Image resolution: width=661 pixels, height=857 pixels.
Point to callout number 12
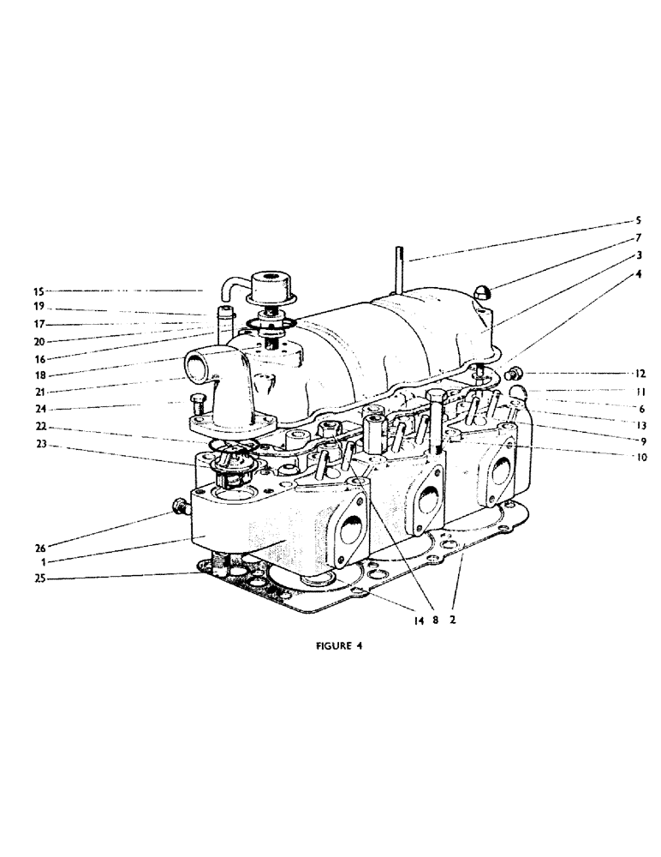[x=639, y=374]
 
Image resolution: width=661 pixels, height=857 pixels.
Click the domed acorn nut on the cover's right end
[x=481, y=292]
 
